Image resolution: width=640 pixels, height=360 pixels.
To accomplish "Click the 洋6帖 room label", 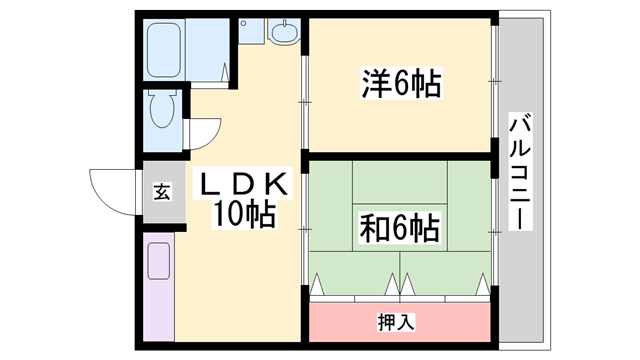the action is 401,84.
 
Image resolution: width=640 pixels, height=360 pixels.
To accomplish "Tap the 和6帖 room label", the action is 400,227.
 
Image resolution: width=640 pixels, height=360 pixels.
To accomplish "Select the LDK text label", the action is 243,184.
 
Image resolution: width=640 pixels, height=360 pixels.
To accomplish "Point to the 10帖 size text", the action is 243,214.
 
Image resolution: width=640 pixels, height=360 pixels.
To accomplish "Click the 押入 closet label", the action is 396,322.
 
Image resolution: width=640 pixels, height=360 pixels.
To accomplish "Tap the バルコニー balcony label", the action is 520,172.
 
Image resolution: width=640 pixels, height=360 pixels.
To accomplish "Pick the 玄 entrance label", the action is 162,192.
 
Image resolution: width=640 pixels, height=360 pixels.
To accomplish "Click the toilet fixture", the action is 163,109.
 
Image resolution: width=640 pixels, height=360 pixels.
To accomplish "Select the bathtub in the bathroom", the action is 164,50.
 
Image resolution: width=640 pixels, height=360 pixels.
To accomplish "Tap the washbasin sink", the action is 284,31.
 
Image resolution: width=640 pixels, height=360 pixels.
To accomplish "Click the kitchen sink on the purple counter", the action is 158,261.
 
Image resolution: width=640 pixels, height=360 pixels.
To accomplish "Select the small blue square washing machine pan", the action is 251,31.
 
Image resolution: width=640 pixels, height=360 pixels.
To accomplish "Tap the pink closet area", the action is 400,322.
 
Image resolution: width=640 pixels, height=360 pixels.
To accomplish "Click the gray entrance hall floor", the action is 164,192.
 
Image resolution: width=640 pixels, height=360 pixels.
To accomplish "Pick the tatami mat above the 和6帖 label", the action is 400,182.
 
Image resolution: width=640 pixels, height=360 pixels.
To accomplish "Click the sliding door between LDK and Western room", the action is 304,102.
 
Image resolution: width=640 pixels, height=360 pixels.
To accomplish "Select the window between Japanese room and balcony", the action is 494,231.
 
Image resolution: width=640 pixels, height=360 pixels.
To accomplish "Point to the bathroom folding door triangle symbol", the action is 224,72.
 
